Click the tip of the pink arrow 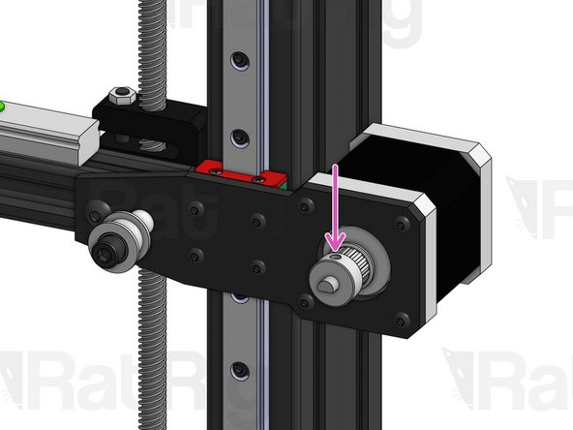[335, 250]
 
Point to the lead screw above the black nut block [153, 48]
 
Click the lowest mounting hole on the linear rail [235, 368]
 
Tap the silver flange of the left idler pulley [126, 232]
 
